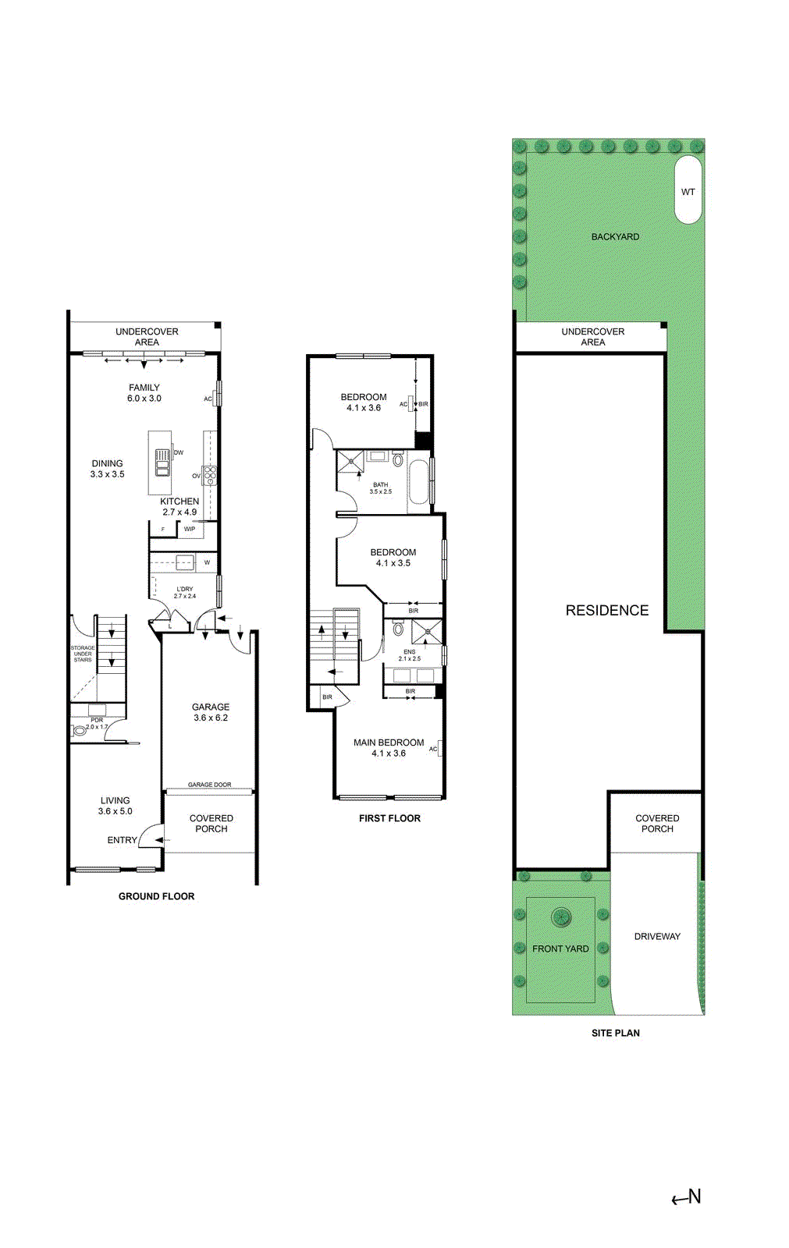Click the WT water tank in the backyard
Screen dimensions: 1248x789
pyautogui.click(x=688, y=190)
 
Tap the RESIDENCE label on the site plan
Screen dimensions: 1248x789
pyautogui.click(x=606, y=611)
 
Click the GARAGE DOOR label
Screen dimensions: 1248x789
pyautogui.click(x=209, y=785)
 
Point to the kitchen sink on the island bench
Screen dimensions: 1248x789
pyautogui.click(x=162, y=463)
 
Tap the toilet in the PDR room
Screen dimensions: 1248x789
pyautogui.click(x=79, y=731)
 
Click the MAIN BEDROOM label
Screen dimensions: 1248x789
pyautogui.click(x=389, y=743)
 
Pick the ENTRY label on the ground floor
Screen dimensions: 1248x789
pyautogui.click(x=122, y=840)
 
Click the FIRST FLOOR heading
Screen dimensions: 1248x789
pyautogui.click(x=389, y=818)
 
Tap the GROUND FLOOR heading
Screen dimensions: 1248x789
pyautogui.click(x=156, y=896)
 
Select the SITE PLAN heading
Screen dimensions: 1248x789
pyautogui.click(x=615, y=1033)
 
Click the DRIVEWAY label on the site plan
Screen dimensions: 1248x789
pyautogui.click(x=657, y=936)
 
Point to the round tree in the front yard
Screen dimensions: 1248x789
pyautogui.click(x=560, y=917)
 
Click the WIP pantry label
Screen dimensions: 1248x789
pyautogui.click(x=190, y=529)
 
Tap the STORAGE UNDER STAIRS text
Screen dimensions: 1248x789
pyautogui.click(x=83, y=654)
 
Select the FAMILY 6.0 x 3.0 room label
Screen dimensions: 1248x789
pyautogui.click(x=144, y=392)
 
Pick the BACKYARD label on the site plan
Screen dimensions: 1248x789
pyautogui.click(x=615, y=236)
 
